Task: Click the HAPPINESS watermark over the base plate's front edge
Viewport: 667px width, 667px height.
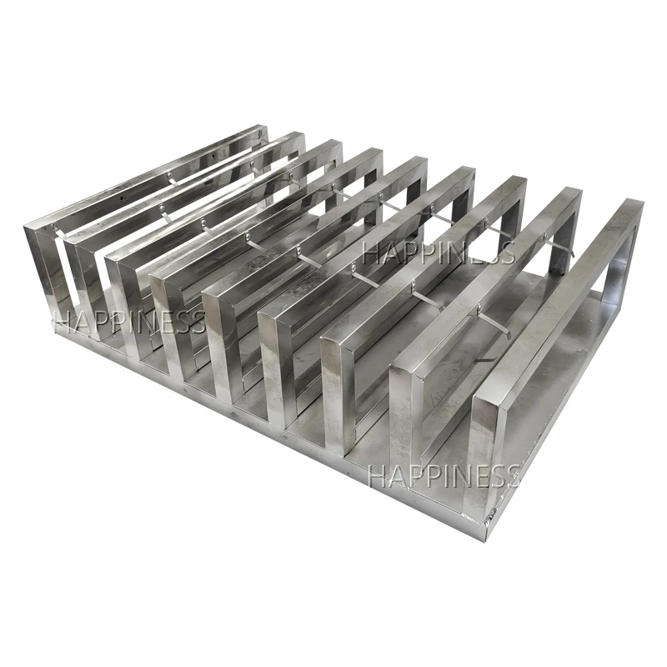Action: [444, 476]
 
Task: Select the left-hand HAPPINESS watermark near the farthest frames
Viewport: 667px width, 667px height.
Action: [129, 321]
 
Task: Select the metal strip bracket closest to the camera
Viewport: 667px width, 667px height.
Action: [494, 322]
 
